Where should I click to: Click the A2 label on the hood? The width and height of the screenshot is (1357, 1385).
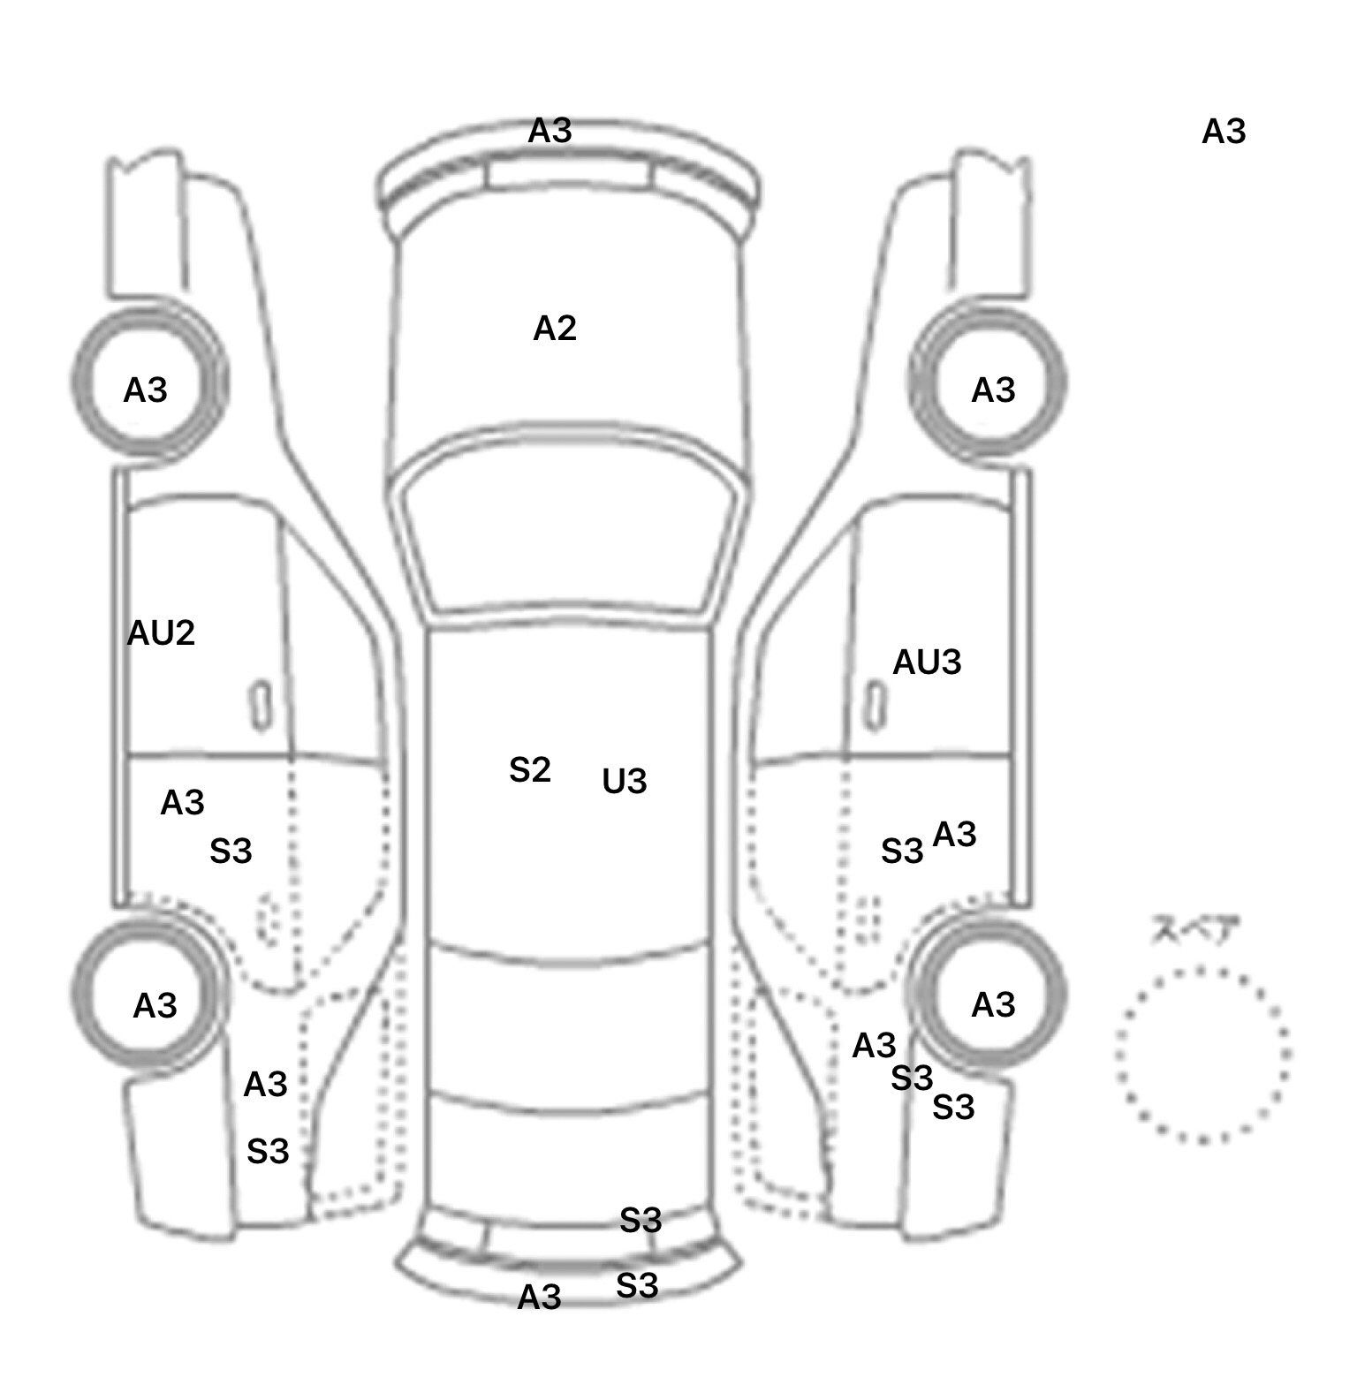tap(555, 329)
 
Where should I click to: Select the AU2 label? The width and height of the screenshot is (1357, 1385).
tap(161, 633)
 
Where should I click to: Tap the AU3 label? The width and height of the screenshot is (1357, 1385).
tap(927, 662)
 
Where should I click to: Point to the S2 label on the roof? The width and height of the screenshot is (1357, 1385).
tap(530, 770)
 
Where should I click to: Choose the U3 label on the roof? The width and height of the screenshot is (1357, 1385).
tap(625, 782)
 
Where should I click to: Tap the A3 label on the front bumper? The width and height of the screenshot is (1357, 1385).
tap(550, 132)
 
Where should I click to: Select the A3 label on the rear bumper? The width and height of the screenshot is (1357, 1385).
tap(539, 1298)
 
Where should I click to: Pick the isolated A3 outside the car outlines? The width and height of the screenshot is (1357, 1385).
tap(1224, 132)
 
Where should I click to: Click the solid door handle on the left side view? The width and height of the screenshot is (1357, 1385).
tap(261, 706)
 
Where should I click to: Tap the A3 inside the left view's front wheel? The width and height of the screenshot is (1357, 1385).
tap(145, 390)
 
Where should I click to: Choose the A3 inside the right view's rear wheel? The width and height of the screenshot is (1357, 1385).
tap(993, 1005)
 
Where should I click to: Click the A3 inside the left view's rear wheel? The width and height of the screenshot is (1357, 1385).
tap(155, 1006)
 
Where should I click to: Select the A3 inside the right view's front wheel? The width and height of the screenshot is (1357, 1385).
tap(993, 390)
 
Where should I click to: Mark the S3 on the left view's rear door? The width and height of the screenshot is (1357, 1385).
tap(231, 851)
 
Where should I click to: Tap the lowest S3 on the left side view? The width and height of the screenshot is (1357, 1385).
tap(268, 1152)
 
